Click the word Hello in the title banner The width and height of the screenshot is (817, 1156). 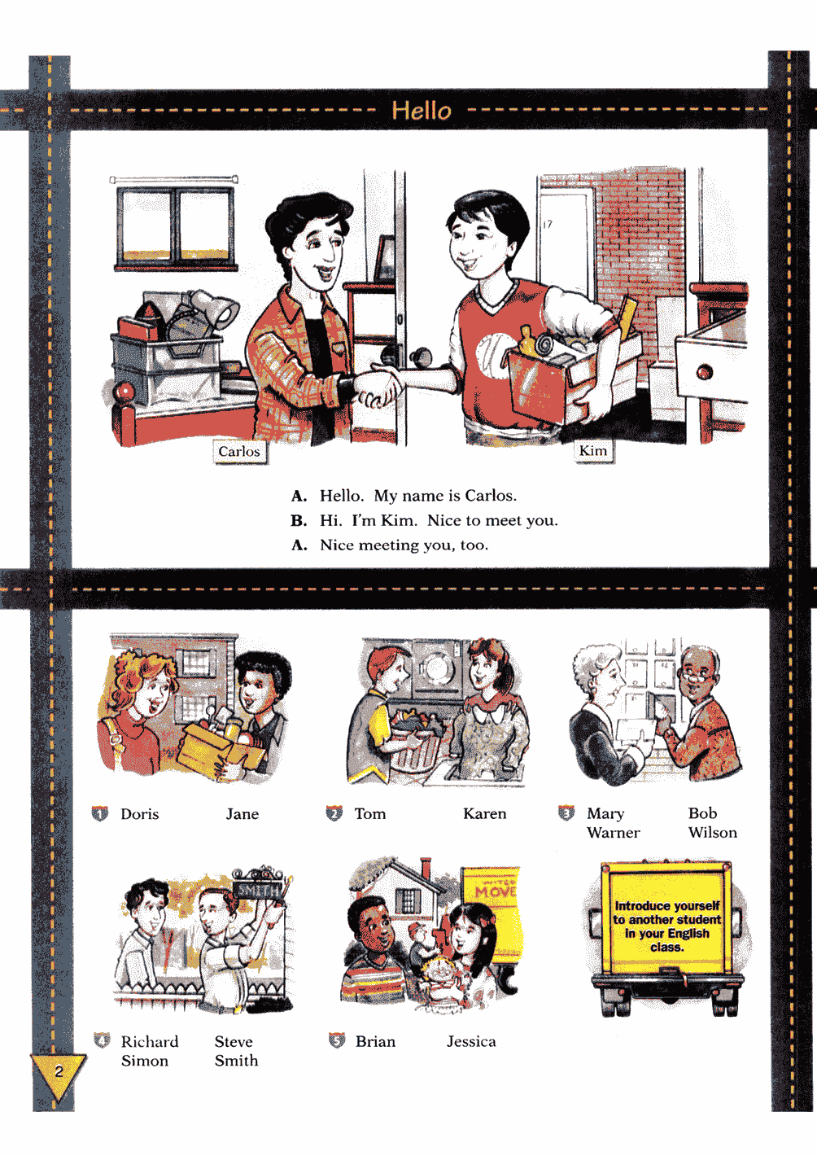coord(422,110)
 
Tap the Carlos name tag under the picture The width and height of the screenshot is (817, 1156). coord(239,452)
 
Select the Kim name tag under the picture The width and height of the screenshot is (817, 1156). coord(593,451)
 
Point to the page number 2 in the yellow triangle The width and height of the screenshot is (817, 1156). coord(59,1071)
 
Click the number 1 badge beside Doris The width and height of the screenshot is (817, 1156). coord(100,814)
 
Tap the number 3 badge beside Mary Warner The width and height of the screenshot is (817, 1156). coord(566,812)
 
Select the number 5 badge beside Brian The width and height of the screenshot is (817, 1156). coord(337,1041)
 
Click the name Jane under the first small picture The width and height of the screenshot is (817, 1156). coord(242,814)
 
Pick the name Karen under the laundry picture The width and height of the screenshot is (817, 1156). coord(484,814)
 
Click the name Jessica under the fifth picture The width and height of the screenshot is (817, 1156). coord(471,1042)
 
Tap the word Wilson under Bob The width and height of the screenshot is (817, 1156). coord(712,833)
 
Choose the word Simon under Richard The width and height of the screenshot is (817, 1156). coord(144,1061)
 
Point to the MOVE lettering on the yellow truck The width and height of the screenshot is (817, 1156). coord(496,891)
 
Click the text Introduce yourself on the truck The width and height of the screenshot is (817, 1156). coord(666,906)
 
